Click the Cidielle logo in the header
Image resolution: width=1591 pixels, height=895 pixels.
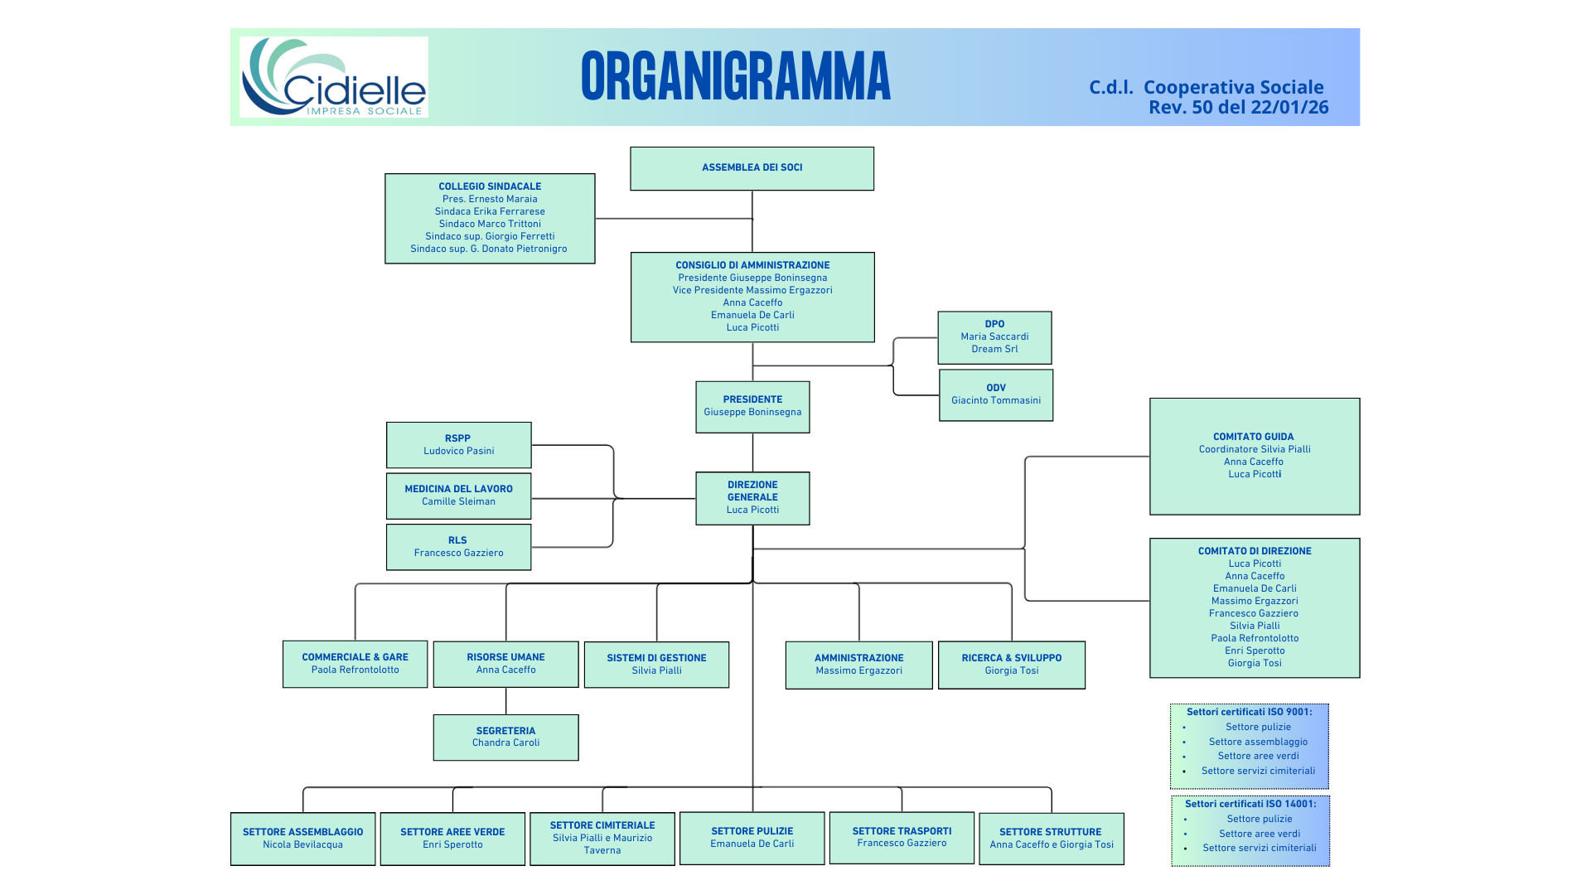tap(334, 77)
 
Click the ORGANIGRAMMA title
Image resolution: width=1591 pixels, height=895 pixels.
tap(736, 76)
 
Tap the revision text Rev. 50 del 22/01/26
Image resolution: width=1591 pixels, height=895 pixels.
tap(1238, 108)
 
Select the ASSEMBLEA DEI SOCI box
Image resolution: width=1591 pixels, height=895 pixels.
tap(752, 168)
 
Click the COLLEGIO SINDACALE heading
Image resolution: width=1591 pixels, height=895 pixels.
tap(490, 186)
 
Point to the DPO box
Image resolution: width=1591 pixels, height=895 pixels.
tap(994, 337)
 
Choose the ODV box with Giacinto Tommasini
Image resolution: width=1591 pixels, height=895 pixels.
tap(996, 394)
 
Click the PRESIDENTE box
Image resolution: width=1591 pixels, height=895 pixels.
tap(752, 406)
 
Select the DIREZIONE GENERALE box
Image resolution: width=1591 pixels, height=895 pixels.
tap(752, 498)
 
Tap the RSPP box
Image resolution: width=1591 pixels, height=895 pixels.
tap(458, 445)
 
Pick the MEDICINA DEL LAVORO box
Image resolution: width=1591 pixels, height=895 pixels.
tap(458, 496)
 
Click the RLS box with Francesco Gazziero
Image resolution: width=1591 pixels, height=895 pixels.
tap(458, 547)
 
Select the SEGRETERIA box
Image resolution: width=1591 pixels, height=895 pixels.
tap(505, 737)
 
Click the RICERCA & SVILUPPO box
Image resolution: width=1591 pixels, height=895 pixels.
tap(1011, 665)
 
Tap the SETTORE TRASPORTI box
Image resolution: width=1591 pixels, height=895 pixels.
tap(902, 837)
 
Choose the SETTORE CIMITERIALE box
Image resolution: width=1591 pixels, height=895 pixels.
tap(602, 838)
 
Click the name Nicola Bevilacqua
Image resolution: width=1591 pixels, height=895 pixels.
tap(302, 844)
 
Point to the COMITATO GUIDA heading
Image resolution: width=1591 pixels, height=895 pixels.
tap(1253, 437)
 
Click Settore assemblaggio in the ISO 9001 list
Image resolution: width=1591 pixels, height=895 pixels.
tap(1258, 742)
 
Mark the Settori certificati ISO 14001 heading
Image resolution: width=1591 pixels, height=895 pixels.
tap(1250, 804)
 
